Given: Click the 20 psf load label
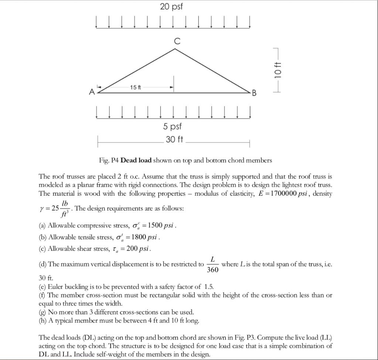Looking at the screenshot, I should (172, 7).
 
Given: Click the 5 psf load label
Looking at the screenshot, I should (173, 127).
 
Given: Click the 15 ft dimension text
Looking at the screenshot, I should (135, 87).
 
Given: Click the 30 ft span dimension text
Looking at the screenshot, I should (175, 140).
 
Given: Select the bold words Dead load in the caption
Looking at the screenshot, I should (136, 160).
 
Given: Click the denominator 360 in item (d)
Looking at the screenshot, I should (212, 270).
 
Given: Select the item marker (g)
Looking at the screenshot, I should (42, 312).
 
